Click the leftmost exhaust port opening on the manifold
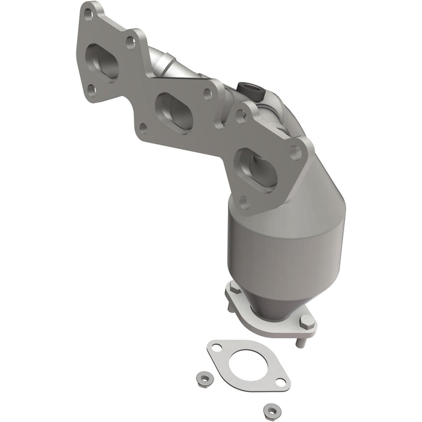(x=102, y=63)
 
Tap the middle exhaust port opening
(x=174, y=110)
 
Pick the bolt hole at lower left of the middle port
(x=143, y=127)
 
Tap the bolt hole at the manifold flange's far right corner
(x=296, y=153)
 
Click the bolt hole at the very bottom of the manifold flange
(x=245, y=202)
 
